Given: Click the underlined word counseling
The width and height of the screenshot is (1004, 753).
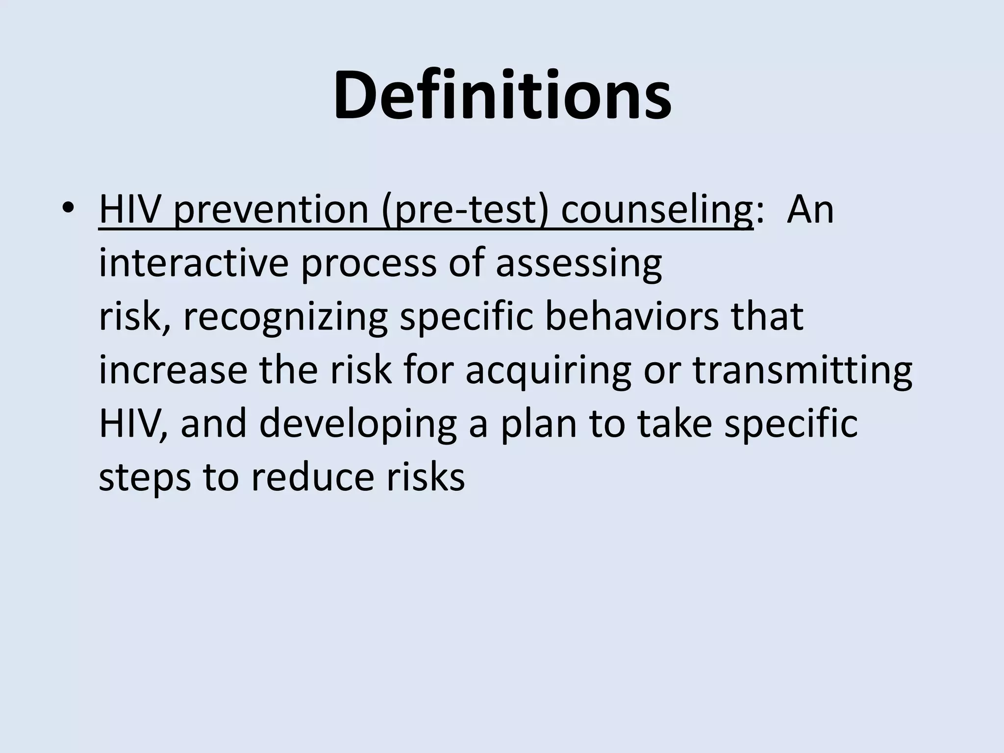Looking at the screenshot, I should pyautogui.click(x=657, y=210).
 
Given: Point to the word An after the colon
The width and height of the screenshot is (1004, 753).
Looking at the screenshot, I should pyautogui.click(x=810, y=210).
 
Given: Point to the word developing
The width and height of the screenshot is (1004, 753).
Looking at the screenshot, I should pyautogui.click(x=358, y=425).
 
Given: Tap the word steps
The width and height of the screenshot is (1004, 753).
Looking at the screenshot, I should pyautogui.click(x=145, y=478).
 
